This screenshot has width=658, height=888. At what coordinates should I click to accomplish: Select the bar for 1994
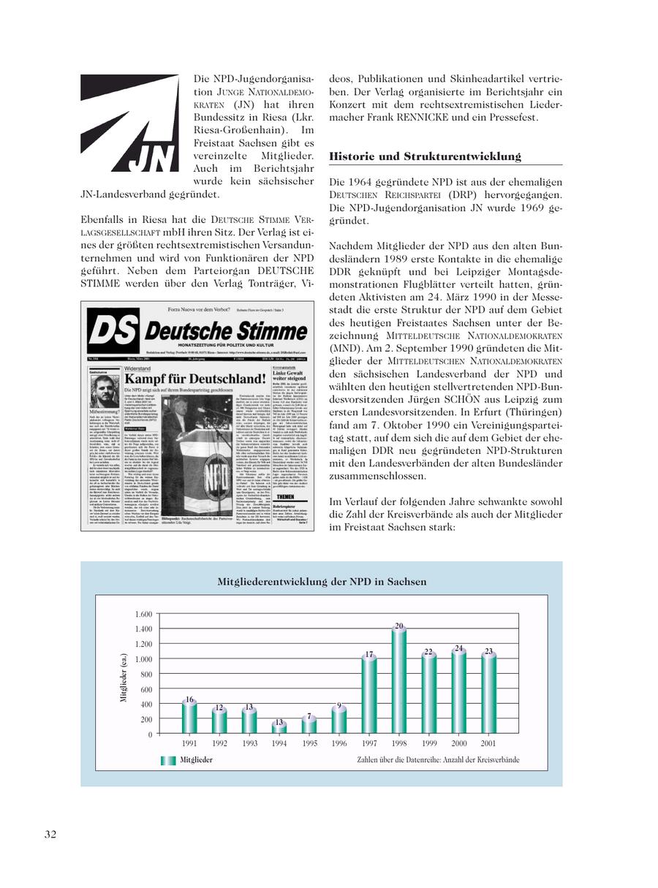click(x=279, y=728)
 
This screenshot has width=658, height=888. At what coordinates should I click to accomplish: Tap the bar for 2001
click(x=489, y=694)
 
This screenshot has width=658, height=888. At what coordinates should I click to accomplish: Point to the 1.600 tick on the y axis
click(x=143, y=614)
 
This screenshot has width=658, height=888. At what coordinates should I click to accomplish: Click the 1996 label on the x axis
click(x=339, y=743)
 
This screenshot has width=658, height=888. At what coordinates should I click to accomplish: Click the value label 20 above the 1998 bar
click(x=399, y=626)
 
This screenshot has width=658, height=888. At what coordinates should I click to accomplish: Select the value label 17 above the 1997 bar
click(x=369, y=654)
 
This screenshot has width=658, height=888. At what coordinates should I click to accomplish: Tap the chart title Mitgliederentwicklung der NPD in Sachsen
click(x=322, y=582)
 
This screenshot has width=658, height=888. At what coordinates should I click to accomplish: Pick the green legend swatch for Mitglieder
click(x=168, y=760)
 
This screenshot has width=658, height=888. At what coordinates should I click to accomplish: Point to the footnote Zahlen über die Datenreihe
click(x=438, y=760)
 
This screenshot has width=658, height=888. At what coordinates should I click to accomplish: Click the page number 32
click(x=50, y=834)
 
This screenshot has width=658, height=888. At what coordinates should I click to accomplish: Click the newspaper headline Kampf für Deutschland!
click(x=194, y=379)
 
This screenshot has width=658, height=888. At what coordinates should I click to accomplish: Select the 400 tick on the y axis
click(x=145, y=705)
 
